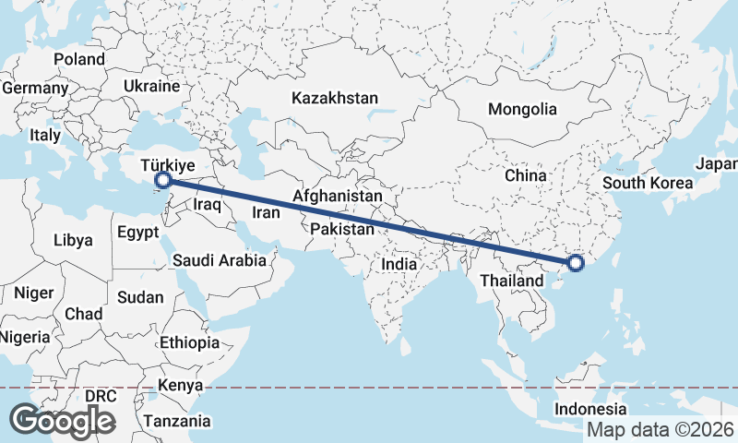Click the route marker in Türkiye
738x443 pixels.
tap(163, 180)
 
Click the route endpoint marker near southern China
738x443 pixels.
tap(576, 263)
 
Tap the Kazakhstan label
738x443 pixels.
tap(335, 98)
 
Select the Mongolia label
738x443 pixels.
tap(523, 109)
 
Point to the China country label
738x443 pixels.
tap(526, 175)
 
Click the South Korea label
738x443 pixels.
tap(648, 183)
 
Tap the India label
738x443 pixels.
tap(399, 265)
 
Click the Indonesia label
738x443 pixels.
tap(591, 409)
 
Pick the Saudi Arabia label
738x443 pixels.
tap(220, 261)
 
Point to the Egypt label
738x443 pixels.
tap(138, 233)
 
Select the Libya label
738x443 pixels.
tap(74, 240)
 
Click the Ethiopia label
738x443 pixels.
tap(190, 342)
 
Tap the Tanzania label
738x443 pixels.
tap(177, 421)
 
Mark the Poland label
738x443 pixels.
tap(79, 59)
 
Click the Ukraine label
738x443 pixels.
tap(151, 86)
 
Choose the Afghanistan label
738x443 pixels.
tap(338, 197)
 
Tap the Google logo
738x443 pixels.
tap(62, 420)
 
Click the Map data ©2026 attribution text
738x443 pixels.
tap(661, 429)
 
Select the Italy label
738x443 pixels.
tap(44, 135)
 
